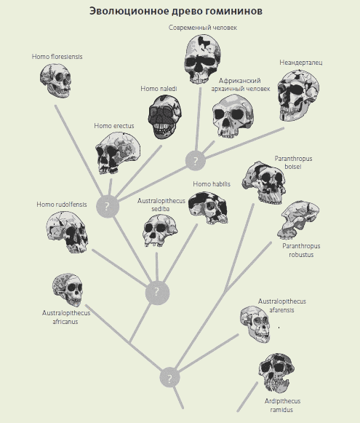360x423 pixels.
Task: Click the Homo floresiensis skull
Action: [56, 81]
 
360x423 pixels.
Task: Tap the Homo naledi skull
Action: [164, 116]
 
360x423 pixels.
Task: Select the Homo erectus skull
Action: [118, 152]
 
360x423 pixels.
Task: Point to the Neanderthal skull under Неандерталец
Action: [298, 95]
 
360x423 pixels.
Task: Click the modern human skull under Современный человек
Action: [202, 59]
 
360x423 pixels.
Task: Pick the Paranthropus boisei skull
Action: [264, 183]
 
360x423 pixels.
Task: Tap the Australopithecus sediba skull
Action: [160, 230]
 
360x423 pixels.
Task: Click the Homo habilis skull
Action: [208, 207]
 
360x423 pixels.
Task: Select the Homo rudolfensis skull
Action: [67, 232]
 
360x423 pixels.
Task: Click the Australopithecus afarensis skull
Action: [255, 324]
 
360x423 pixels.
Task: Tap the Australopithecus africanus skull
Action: [68, 290]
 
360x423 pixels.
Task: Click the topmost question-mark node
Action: [196, 161]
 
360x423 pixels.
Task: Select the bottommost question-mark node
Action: [169, 378]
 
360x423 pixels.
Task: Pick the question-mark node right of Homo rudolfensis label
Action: [108, 206]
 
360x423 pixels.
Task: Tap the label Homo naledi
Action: [159, 89]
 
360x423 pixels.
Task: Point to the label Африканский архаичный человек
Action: [240, 84]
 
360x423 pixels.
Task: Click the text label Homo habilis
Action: [212, 184]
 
